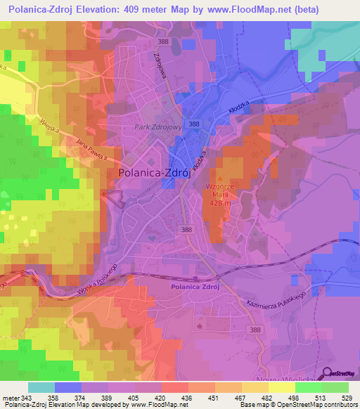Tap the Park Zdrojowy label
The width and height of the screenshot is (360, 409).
click(x=157, y=128)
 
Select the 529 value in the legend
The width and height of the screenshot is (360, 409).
click(x=349, y=398)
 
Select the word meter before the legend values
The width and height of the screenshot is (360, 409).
click(x=10, y=398)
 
